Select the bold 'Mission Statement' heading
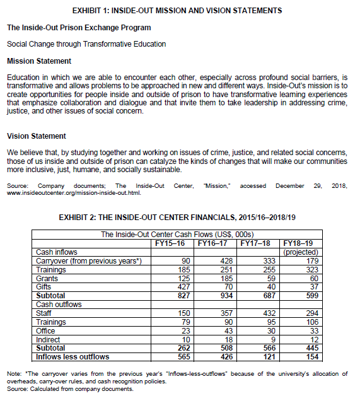point(38,61)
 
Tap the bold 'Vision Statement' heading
point(36,136)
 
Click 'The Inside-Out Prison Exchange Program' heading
point(79,28)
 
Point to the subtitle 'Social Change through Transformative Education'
point(86,44)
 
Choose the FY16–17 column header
point(213,242)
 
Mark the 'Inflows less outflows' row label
point(73,356)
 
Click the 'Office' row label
point(46,330)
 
